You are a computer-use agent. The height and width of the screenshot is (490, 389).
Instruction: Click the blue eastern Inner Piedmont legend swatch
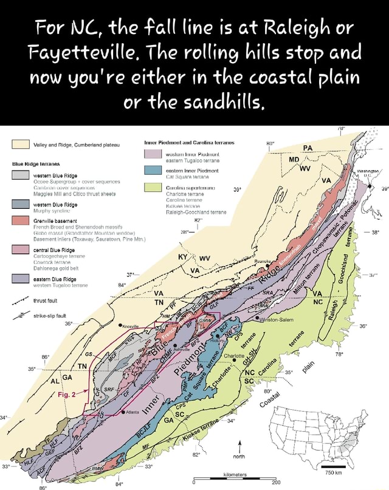(151, 173)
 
